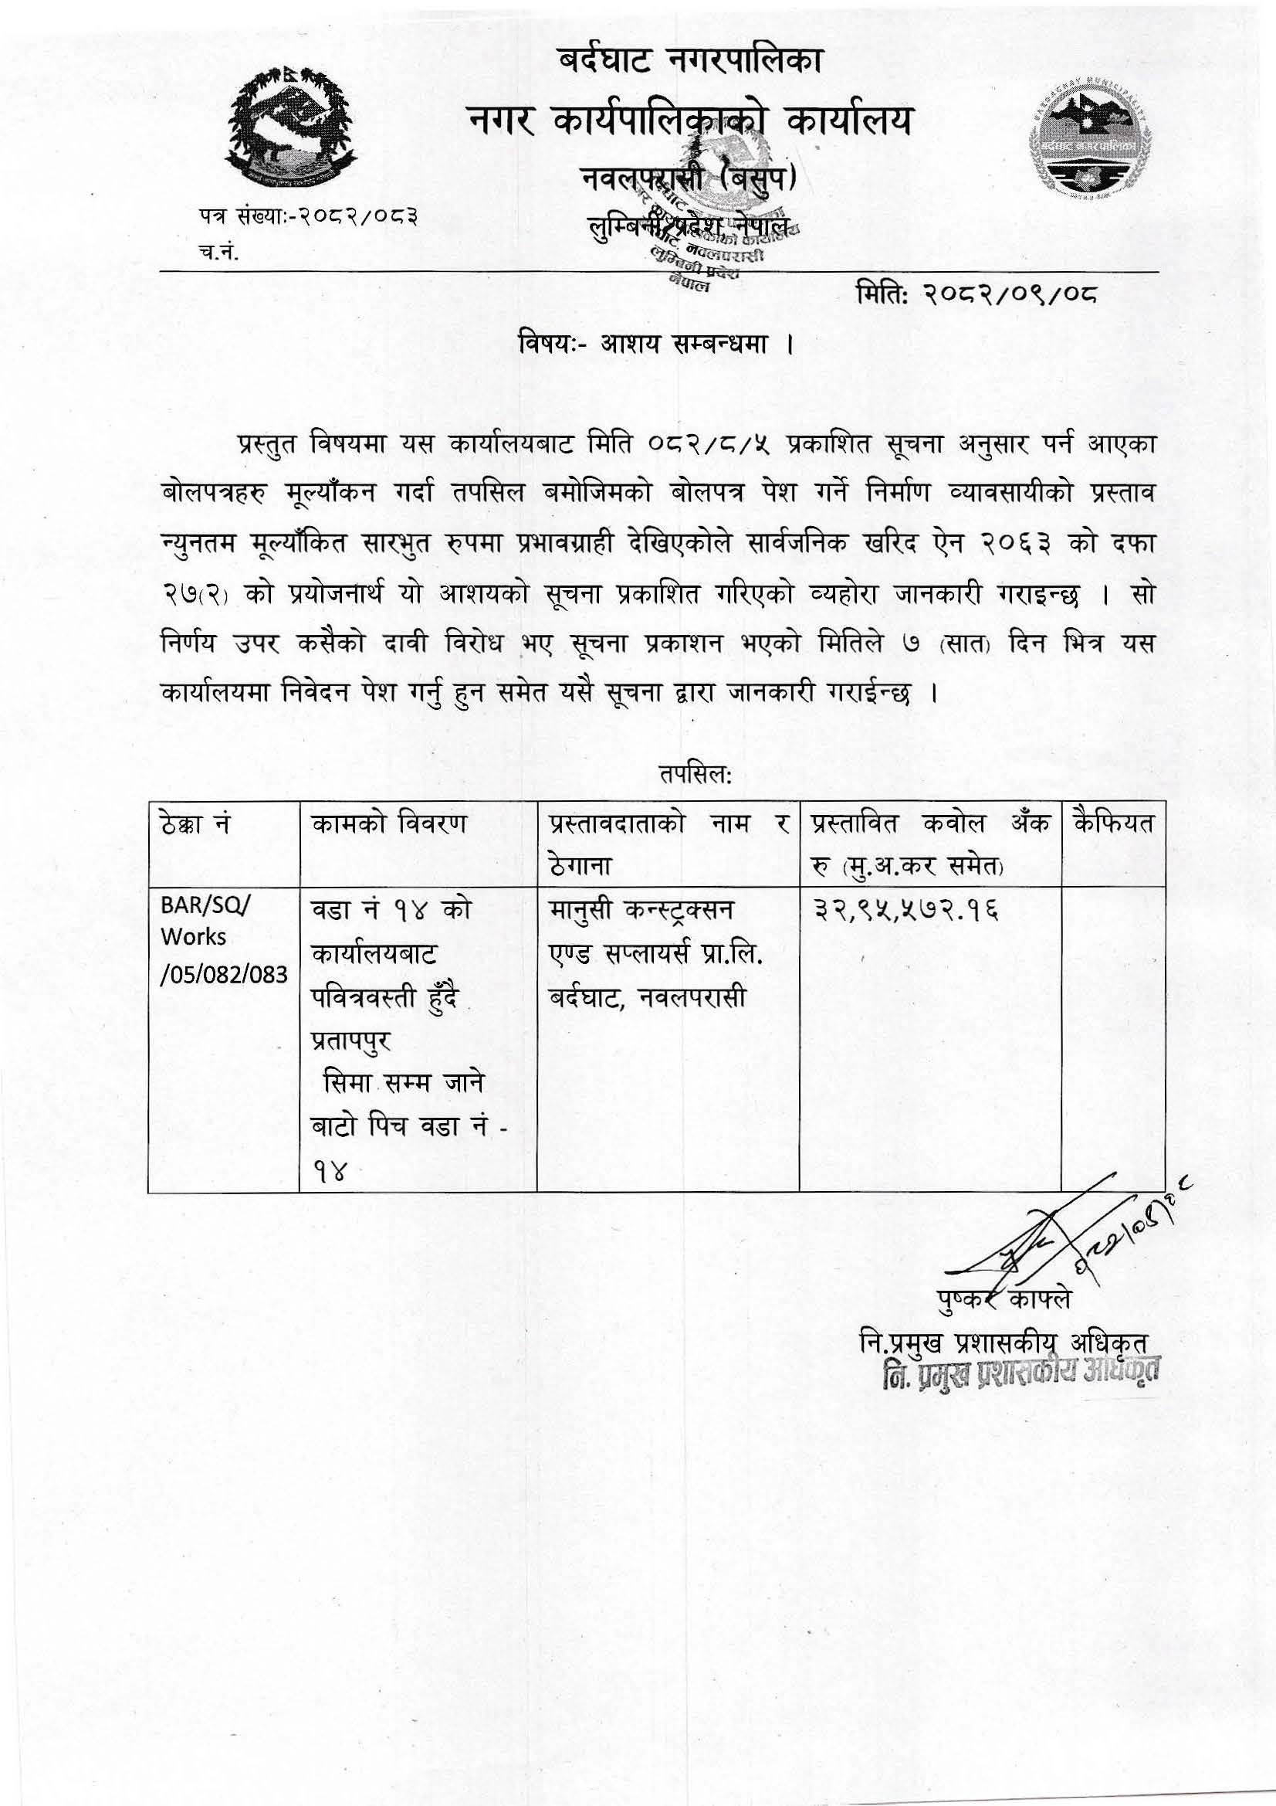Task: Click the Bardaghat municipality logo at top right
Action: click(x=1088, y=138)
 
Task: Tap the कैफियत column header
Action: click(x=1112, y=824)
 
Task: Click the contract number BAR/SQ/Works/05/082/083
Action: click(x=218, y=937)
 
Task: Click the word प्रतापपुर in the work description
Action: click(x=351, y=1040)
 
